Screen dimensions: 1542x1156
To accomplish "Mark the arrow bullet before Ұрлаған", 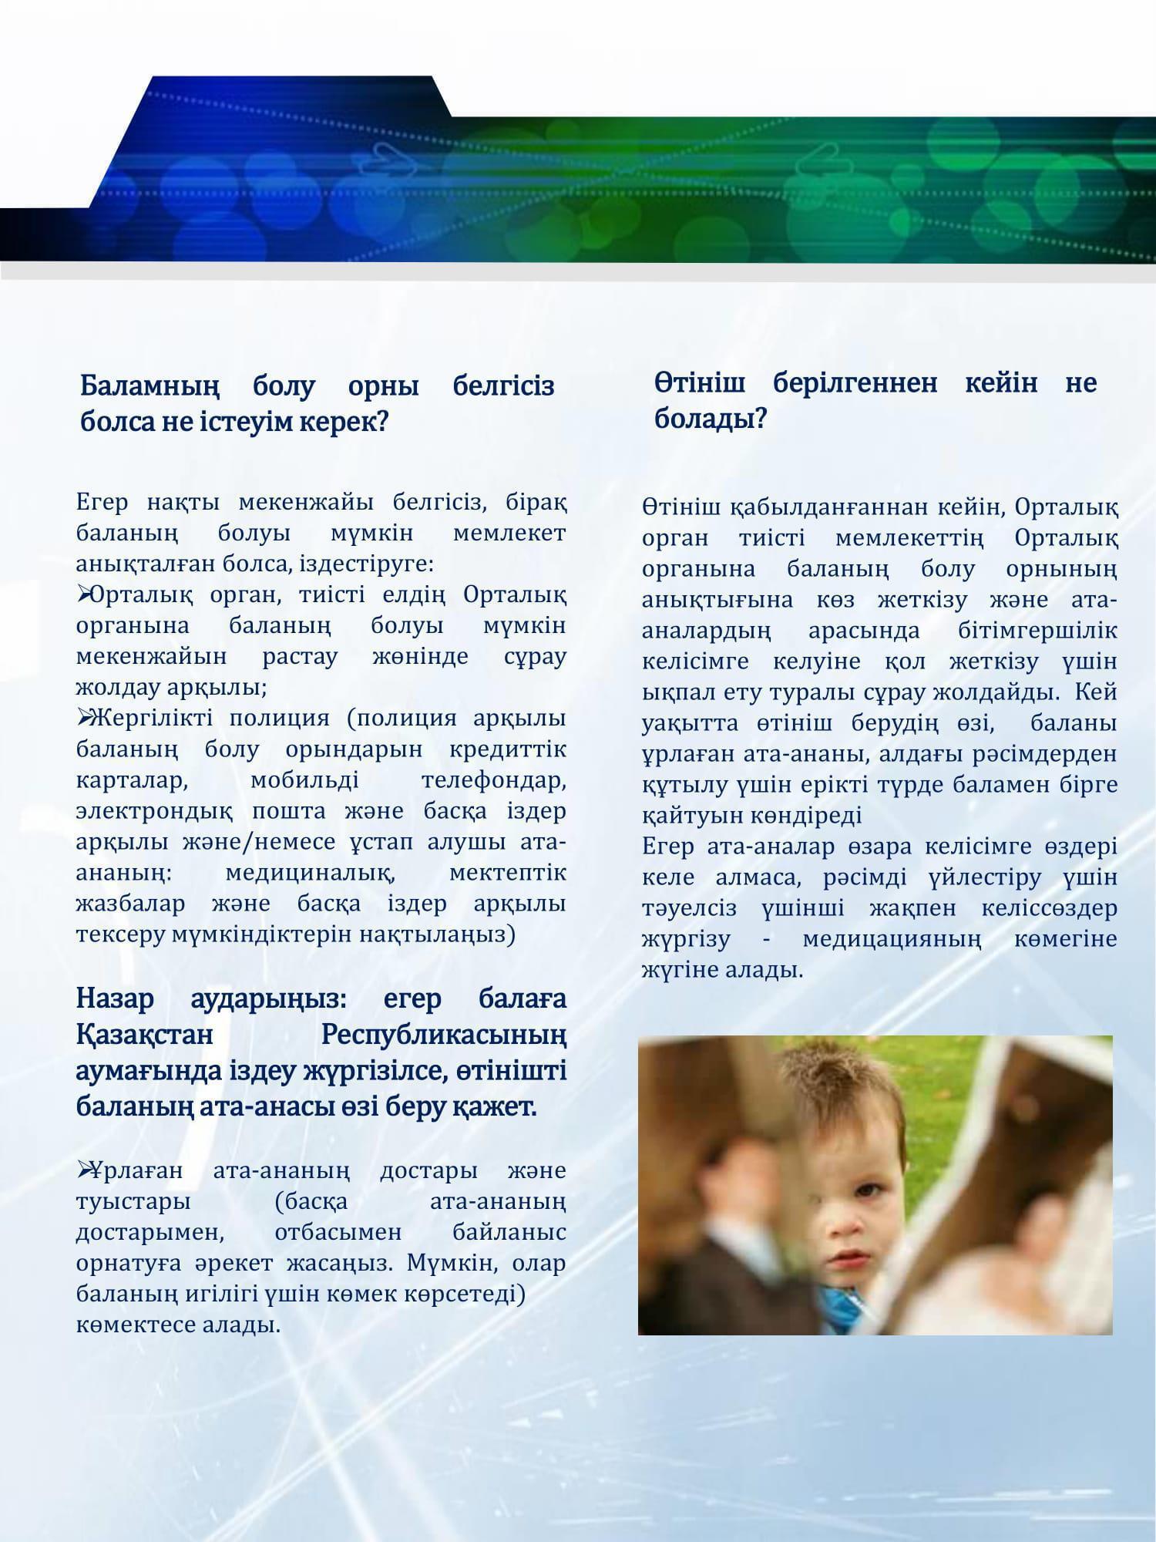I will pos(83,1170).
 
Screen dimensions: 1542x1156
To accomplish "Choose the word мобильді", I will pos(304,780).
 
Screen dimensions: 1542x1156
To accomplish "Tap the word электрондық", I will pos(154,811).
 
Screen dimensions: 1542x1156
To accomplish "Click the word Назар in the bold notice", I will pos(116,998).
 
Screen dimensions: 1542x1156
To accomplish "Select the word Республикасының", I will pos(443,1035).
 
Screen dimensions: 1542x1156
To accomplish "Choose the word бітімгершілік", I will pos(1037,631).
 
